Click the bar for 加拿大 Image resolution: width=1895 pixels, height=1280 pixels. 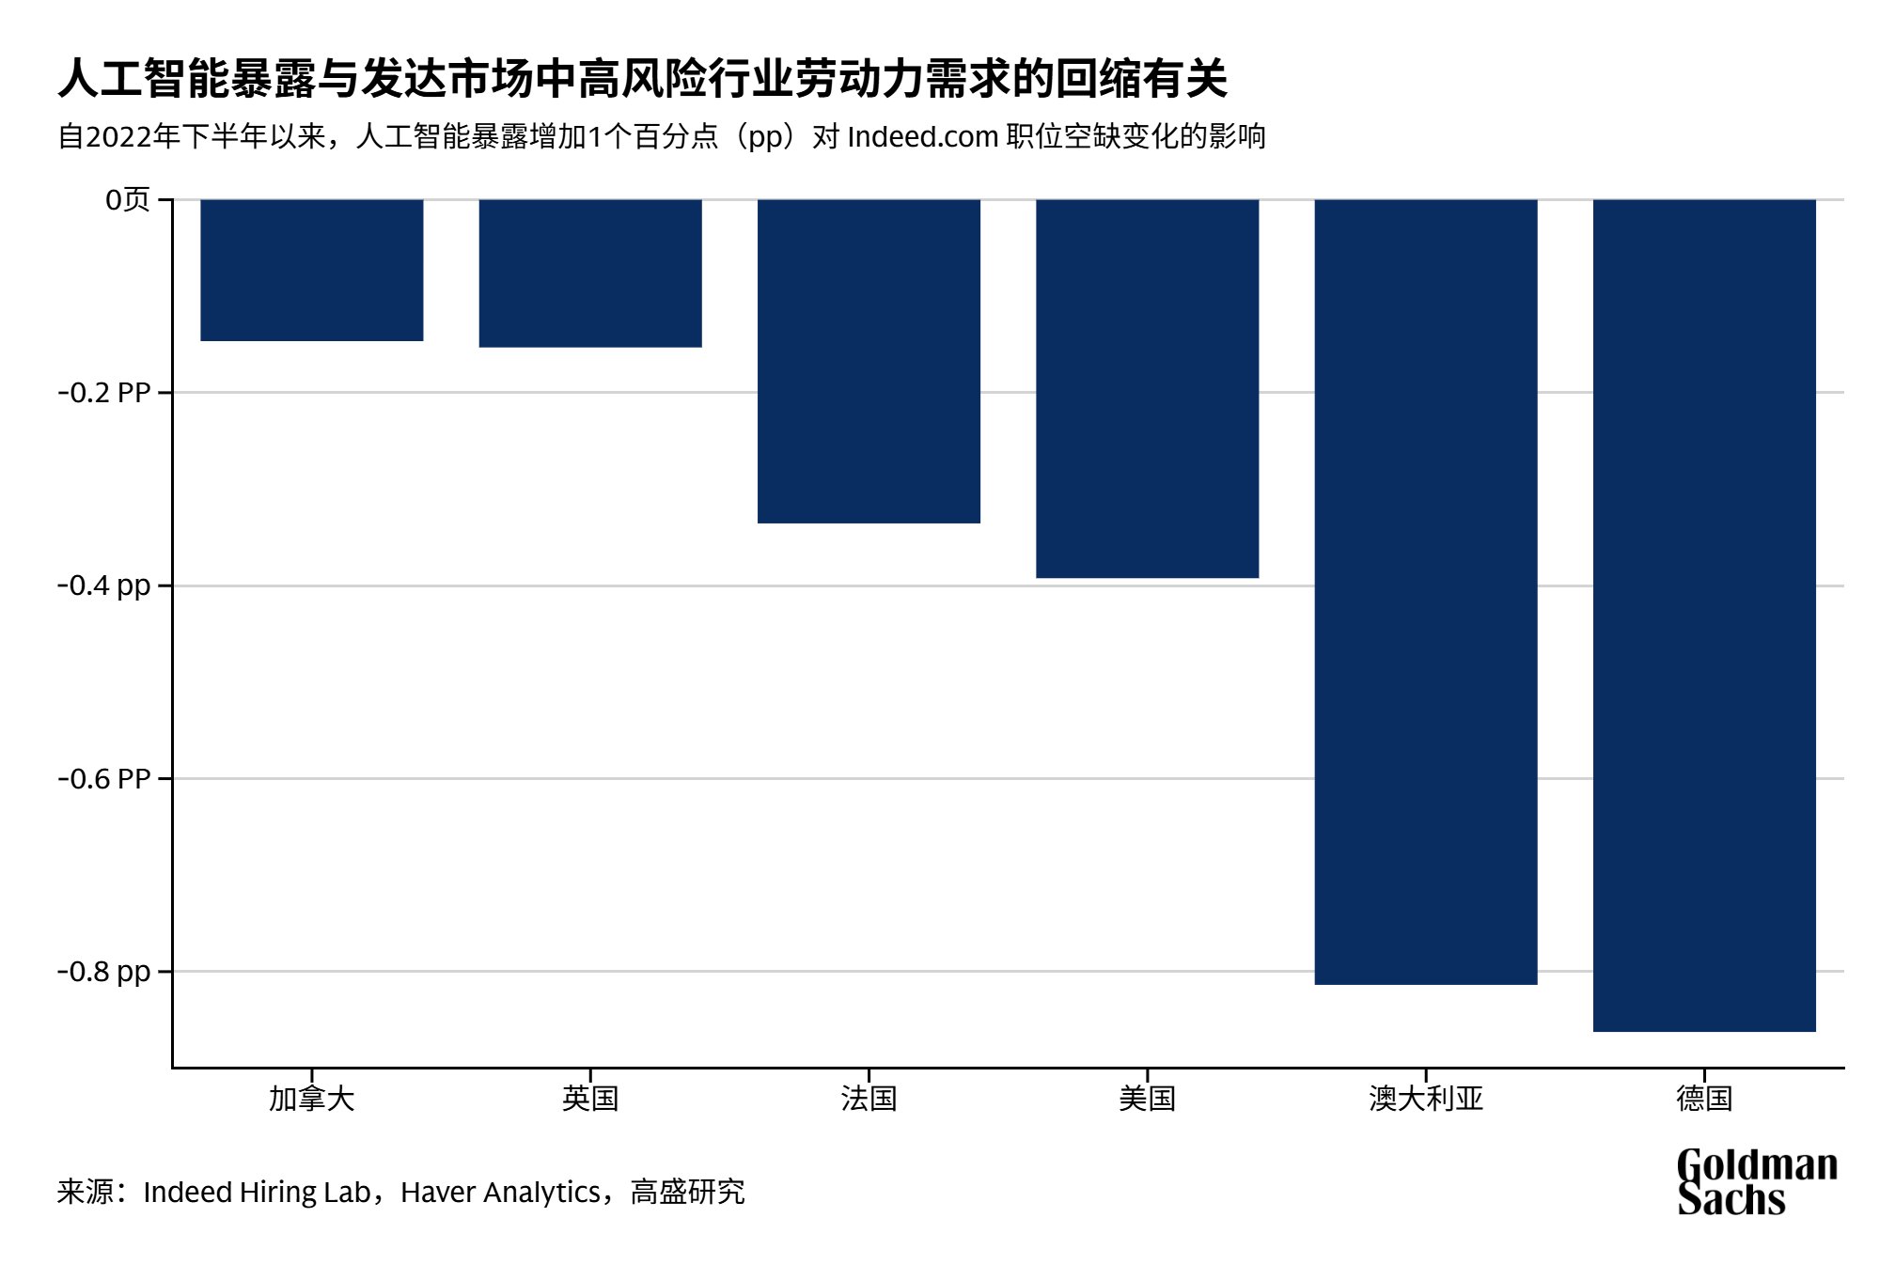[x=312, y=270]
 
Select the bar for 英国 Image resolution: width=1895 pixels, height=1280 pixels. [x=590, y=273]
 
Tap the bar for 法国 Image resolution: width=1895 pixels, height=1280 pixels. [x=869, y=361]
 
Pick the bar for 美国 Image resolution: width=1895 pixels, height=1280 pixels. [x=1147, y=388]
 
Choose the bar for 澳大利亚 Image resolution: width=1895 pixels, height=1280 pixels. [x=1426, y=592]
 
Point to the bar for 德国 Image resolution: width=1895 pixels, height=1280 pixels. [x=1704, y=616]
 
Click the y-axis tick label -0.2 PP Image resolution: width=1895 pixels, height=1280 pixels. [x=104, y=392]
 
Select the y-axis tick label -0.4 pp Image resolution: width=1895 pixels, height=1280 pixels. [x=104, y=585]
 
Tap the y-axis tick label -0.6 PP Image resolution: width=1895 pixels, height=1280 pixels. [x=104, y=778]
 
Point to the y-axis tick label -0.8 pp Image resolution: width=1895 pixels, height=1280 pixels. [x=104, y=972]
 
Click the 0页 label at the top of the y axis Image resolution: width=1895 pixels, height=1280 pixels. [x=128, y=199]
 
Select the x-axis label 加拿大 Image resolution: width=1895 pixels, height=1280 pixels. [x=312, y=1098]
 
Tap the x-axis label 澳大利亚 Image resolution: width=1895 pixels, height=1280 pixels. [x=1426, y=1098]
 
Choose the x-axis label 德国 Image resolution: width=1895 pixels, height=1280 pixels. [x=1704, y=1098]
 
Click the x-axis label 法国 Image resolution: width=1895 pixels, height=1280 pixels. [x=869, y=1098]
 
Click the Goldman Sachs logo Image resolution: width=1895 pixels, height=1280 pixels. [x=1757, y=1181]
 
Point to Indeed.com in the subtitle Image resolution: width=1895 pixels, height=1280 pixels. [x=922, y=137]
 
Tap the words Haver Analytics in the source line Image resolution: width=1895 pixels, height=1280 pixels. [x=500, y=1192]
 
